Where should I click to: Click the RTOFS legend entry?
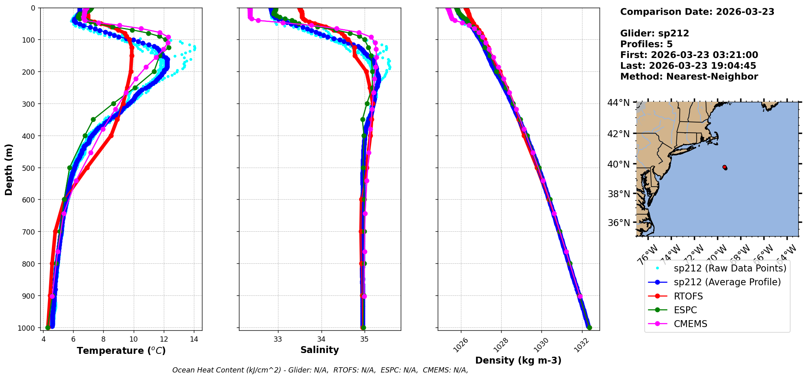688,296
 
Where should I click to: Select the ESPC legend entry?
685,310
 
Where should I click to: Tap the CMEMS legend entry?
690,324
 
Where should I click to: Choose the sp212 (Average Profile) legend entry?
727,282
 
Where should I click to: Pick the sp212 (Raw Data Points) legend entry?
730,268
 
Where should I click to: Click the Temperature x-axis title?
121,351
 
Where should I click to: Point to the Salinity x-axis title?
319,350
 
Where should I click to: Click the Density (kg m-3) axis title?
518,360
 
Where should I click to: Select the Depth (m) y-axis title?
9,169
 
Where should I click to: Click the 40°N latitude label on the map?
618,164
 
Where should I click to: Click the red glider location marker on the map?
725,167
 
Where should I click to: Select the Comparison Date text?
697,12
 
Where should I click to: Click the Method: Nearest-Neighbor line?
689,77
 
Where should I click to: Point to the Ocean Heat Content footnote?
320,370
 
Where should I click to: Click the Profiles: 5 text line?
646,44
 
